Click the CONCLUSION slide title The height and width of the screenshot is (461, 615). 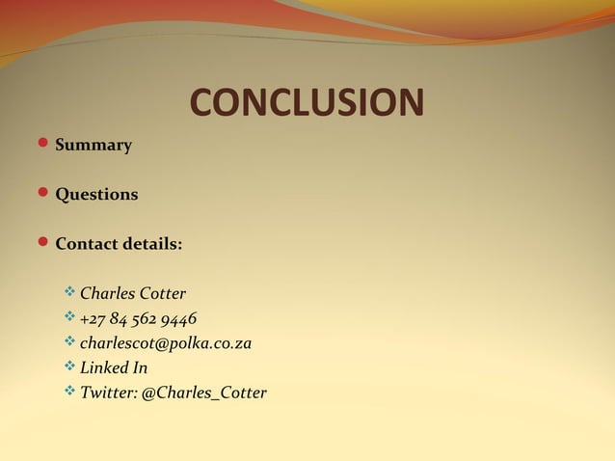pyautogui.click(x=307, y=102)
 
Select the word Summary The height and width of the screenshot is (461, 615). pyautogui.click(x=94, y=146)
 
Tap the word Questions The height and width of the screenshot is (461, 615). pyautogui.click(x=96, y=195)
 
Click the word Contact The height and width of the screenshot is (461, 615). pyautogui.click(x=86, y=244)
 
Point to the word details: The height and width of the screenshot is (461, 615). pyautogui.click(x=151, y=244)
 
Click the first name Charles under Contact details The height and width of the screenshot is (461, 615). pyautogui.click(x=108, y=293)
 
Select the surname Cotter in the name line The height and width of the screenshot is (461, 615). pyautogui.click(x=163, y=293)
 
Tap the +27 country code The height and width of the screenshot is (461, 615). pyautogui.click(x=94, y=318)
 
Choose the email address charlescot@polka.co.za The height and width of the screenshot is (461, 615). pyautogui.click(x=166, y=343)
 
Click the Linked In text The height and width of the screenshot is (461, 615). pyautogui.click(x=114, y=368)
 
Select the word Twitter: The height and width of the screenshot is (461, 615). pyautogui.click(x=109, y=393)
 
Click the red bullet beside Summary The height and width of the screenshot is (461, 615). pyautogui.click(x=42, y=145)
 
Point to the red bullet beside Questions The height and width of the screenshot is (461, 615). pyautogui.click(x=42, y=194)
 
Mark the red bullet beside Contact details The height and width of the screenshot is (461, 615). pyautogui.click(x=42, y=243)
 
